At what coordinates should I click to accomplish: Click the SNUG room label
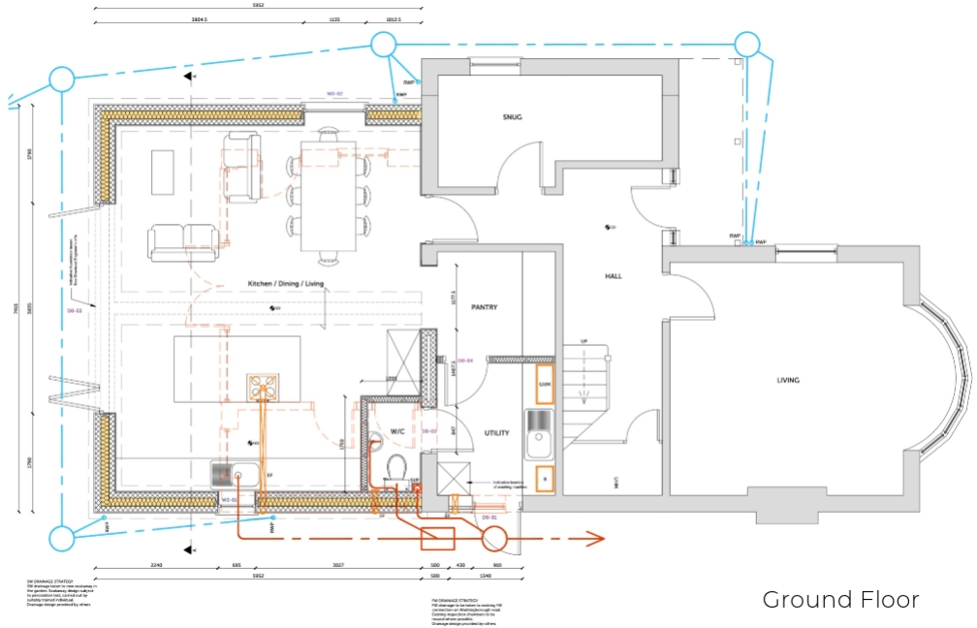[x=512, y=117]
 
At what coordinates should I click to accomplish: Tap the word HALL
[x=613, y=276]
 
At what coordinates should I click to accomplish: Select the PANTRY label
[x=484, y=307]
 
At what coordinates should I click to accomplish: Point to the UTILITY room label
[x=496, y=433]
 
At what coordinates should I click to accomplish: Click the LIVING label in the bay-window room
[x=788, y=380]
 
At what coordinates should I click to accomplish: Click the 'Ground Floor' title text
[x=840, y=600]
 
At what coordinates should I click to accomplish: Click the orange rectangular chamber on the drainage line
[x=437, y=539]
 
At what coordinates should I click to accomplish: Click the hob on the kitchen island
[x=262, y=387]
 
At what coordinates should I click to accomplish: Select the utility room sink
[x=539, y=434]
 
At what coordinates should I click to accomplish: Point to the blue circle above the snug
[x=383, y=45]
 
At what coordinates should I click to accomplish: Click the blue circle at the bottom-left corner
[x=62, y=538]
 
